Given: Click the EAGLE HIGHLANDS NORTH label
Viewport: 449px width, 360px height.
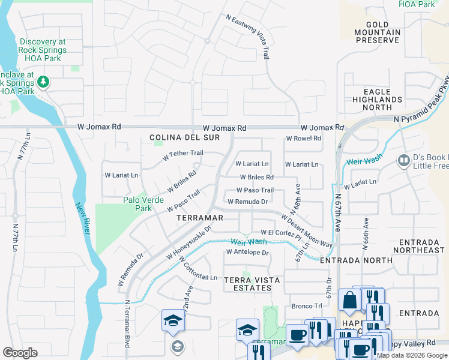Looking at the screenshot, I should click(x=377, y=100).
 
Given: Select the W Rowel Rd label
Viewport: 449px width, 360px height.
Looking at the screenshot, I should click(x=303, y=139).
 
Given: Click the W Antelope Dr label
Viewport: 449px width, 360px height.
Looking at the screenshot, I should click(x=247, y=253).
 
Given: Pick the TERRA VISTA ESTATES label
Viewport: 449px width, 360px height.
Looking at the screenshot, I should click(x=247, y=284).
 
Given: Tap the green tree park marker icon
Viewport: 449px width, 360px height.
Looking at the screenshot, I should click(x=43, y=81).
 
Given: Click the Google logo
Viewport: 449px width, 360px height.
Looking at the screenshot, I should click(x=20, y=353).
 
